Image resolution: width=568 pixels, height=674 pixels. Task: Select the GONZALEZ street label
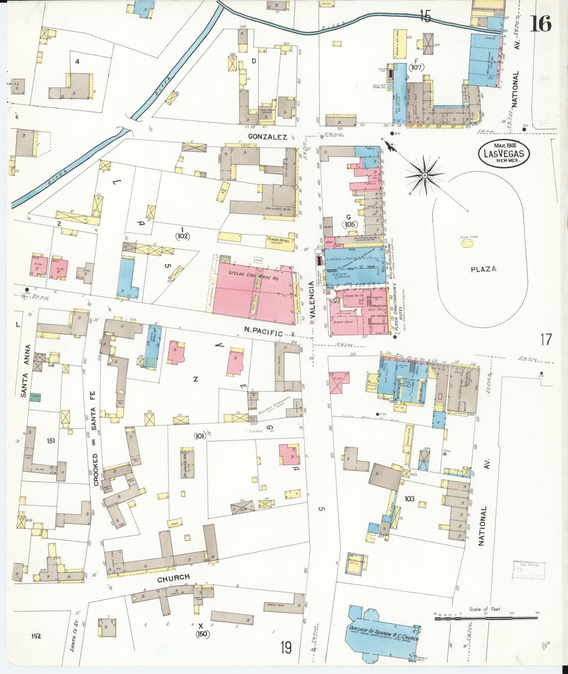coord(267,136)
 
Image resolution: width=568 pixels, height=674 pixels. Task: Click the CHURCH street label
coord(173,578)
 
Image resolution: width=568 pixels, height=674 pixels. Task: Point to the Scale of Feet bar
coord(486,619)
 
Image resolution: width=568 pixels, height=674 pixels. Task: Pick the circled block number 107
coord(416,67)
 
